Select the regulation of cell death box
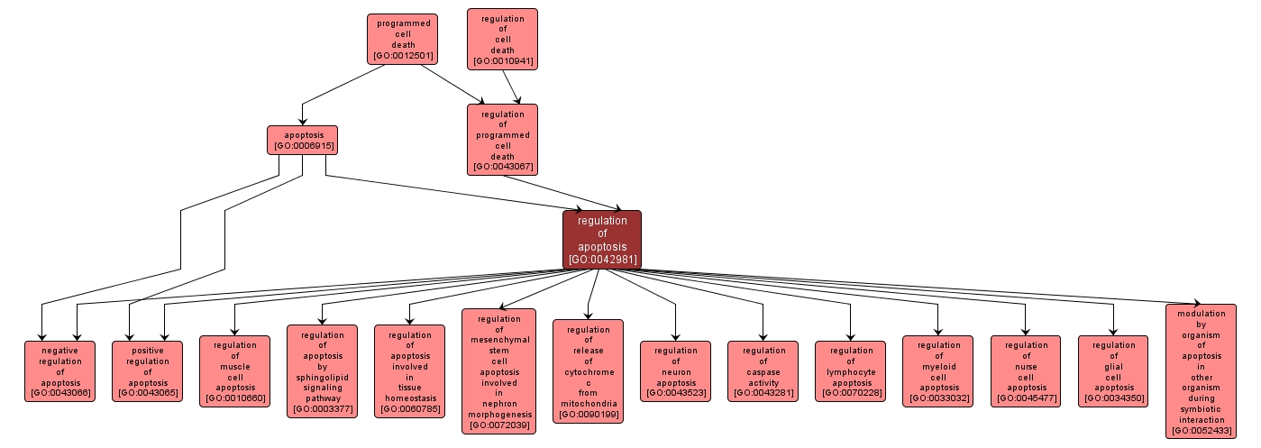[502, 39]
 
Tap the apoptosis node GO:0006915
[302, 140]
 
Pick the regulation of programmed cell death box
[502, 140]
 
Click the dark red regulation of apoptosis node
[602, 240]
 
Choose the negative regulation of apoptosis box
[59, 371]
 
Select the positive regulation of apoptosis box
[147, 371]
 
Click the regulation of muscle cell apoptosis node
[234, 371]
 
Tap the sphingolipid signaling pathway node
[322, 371]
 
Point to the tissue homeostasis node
[409, 371]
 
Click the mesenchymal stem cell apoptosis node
[498, 371]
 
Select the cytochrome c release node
[588, 371]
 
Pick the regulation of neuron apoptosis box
[675, 371]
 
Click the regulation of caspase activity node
[763, 371]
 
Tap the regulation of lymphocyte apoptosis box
[850, 371]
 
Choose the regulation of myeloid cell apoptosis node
[937, 371]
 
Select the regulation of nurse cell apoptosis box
[1025, 371]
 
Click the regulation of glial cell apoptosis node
[1112, 371]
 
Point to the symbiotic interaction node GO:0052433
[1201, 371]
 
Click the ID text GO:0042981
[602, 260]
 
